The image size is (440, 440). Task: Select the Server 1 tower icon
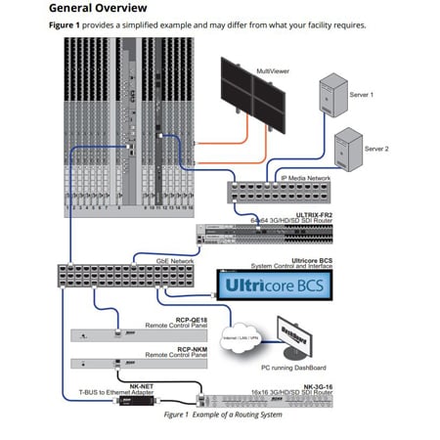329,98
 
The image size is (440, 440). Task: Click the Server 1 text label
362,94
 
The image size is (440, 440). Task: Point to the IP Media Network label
309,178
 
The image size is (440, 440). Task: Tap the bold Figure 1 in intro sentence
67,24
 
